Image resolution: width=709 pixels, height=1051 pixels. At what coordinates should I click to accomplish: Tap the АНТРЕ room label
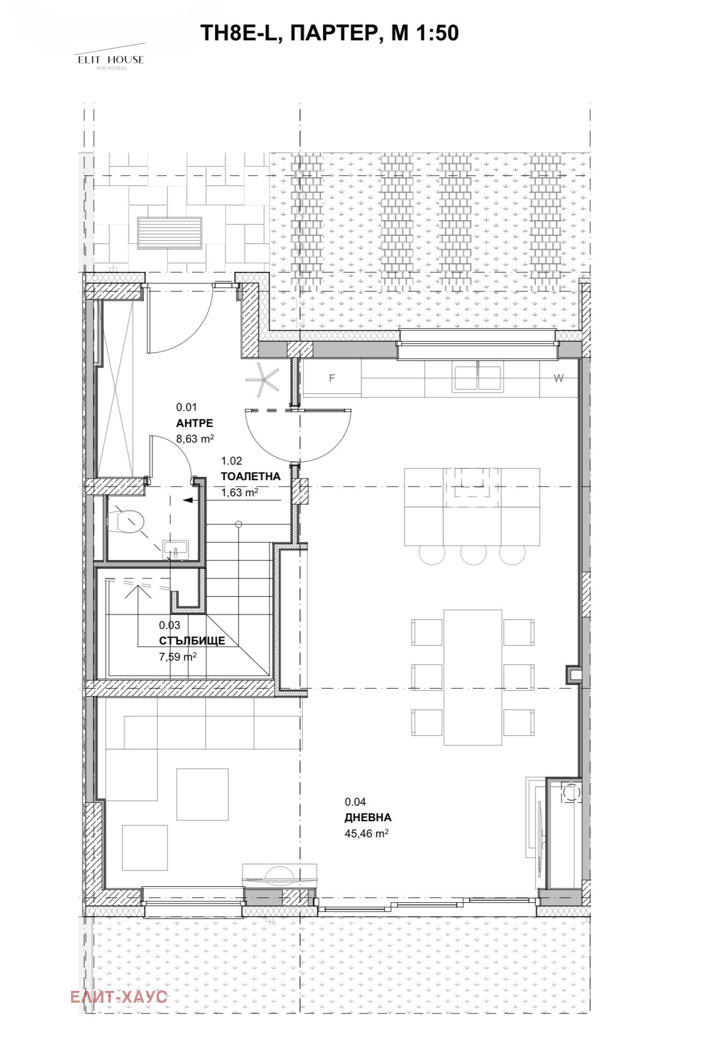click(194, 423)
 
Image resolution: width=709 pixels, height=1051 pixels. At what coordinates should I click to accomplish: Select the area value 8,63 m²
click(195, 439)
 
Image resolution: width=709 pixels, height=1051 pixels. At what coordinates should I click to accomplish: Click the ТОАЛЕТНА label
click(251, 476)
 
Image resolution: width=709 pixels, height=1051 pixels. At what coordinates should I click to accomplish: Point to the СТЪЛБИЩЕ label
click(192, 641)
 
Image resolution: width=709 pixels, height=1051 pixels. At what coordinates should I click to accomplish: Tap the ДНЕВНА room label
click(368, 817)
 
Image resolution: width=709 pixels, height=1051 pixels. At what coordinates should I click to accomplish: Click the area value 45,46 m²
click(366, 833)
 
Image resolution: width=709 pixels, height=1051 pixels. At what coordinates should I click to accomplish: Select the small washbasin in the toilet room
click(176, 548)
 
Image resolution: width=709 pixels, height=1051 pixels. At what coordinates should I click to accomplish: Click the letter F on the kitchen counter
click(332, 378)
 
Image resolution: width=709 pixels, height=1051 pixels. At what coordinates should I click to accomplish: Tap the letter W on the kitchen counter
click(559, 378)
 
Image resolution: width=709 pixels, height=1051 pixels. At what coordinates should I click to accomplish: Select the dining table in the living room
click(473, 677)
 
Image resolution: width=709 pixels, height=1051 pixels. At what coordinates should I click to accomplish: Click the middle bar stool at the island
click(474, 554)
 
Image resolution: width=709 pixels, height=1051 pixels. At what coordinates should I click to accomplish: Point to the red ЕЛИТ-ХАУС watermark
click(119, 997)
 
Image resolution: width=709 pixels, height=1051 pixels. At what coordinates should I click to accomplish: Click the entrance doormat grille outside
click(170, 233)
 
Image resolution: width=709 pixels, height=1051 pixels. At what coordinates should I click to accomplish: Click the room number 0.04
click(355, 802)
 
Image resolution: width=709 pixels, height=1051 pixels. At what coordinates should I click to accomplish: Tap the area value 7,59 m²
click(177, 656)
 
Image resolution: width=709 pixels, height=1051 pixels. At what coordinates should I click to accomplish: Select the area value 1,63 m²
click(240, 492)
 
